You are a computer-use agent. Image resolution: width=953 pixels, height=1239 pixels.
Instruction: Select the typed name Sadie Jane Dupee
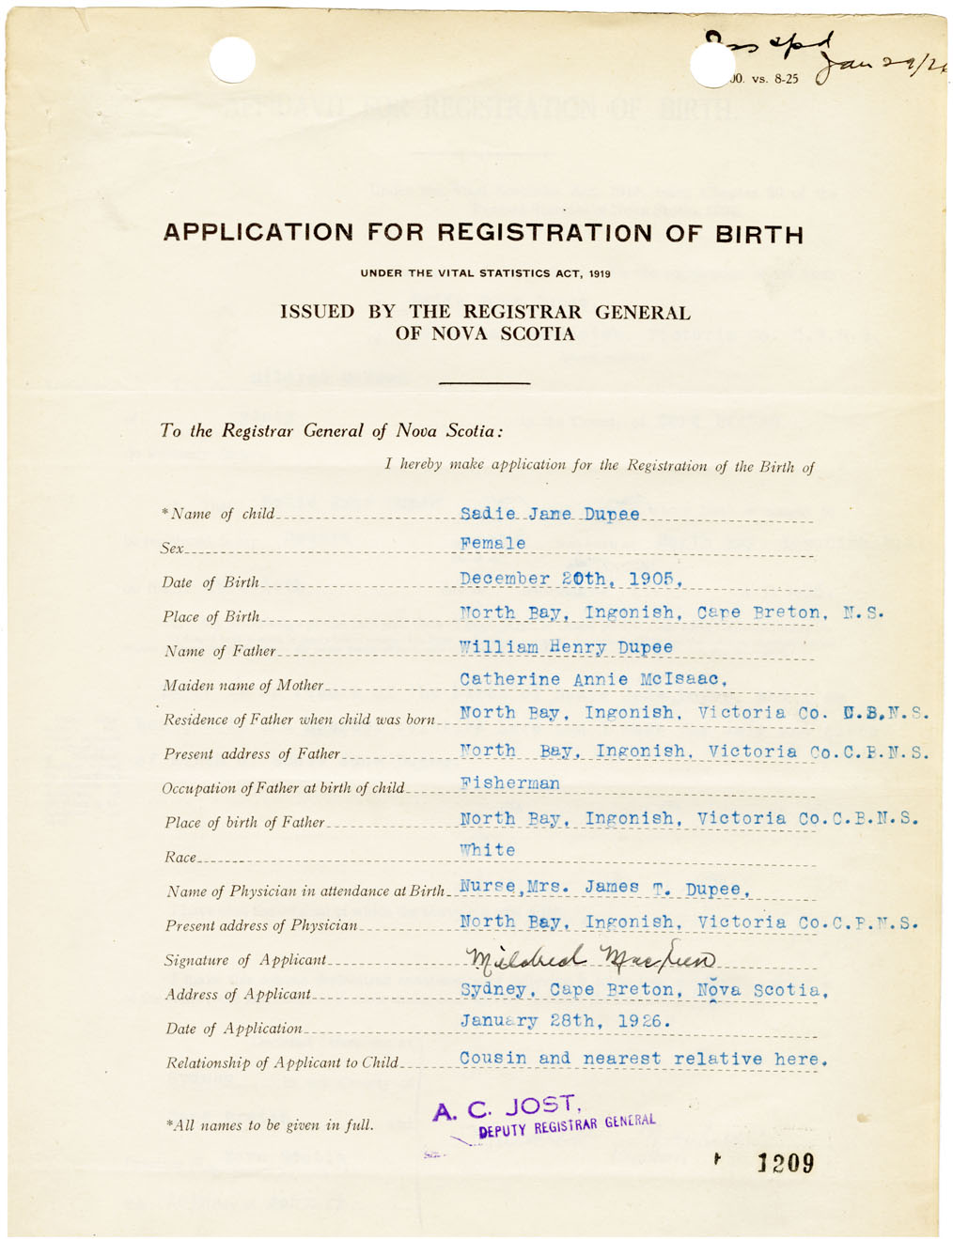(x=550, y=514)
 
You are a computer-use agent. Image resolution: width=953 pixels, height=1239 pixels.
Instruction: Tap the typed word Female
(x=492, y=544)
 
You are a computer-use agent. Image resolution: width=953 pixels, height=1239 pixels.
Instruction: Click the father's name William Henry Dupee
(x=566, y=647)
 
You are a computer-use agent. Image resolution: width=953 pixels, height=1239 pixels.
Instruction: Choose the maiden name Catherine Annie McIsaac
(x=593, y=679)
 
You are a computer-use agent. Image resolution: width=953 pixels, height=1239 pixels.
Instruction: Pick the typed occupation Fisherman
(x=509, y=783)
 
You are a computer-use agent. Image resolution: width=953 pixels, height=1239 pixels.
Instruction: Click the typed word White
(x=488, y=850)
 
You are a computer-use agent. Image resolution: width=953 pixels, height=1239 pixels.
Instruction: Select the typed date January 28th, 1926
(x=565, y=1021)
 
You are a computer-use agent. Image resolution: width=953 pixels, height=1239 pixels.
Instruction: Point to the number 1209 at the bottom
(x=786, y=1164)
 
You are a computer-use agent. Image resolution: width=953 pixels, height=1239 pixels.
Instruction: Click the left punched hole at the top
(x=232, y=60)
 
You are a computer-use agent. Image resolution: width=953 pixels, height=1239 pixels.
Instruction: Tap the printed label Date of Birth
(x=210, y=582)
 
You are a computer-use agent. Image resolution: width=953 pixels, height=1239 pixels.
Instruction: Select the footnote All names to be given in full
(x=270, y=1124)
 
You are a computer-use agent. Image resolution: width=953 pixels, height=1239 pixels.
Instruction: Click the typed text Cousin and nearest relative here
(x=643, y=1059)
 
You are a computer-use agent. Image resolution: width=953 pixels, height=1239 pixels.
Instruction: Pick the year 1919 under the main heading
(x=600, y=274)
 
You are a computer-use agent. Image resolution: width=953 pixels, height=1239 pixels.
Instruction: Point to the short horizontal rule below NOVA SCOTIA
(x=484, y=382)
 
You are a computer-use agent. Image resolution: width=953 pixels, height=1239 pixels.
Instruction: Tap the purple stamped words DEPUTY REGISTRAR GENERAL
(x=567, y=1125)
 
